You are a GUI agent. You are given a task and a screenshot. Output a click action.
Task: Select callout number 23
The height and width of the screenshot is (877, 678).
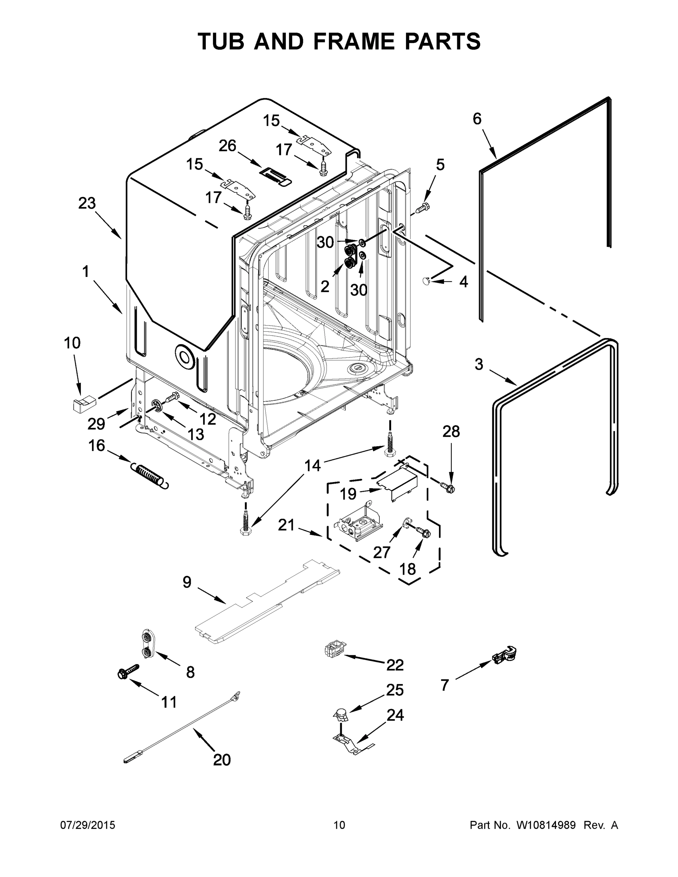click(x=87, y=204)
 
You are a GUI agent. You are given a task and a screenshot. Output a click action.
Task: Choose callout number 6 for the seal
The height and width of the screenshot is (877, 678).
click(x=477, y=119)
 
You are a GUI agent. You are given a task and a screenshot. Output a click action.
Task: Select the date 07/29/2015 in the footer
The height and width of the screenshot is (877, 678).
click(x=88, y=825)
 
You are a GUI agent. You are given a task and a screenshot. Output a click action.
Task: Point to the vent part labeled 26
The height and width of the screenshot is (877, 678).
click(x=275, y=175)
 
